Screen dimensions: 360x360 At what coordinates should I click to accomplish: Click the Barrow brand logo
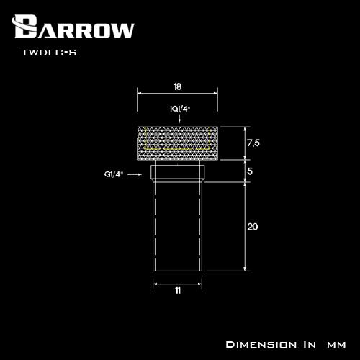73,27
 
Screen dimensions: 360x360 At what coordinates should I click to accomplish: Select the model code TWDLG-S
49,53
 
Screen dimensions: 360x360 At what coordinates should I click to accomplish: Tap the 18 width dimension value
178,86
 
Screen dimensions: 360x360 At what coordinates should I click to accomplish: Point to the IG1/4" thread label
180,109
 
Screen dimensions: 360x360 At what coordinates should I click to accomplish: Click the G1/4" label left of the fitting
114,174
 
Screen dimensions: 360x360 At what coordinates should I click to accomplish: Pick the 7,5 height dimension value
253,143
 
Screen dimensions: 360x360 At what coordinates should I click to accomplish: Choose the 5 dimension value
250,171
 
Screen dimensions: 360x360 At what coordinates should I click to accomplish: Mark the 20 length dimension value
253,227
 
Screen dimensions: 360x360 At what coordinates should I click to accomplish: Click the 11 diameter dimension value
178,290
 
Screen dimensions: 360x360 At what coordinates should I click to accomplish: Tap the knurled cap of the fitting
178,143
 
